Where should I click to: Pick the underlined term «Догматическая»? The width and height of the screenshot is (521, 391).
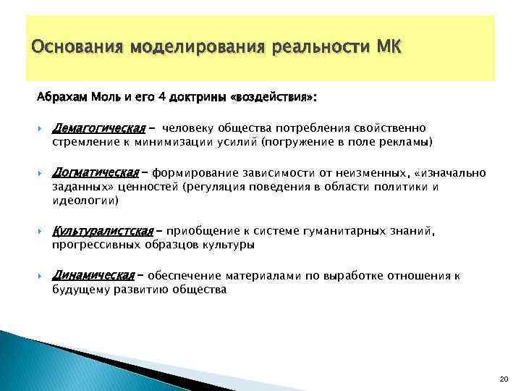(x=95, y=172)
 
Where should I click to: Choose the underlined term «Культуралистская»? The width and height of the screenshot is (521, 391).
(x=103, y=231)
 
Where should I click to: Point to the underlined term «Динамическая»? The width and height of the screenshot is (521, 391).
(x=93, y=276)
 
